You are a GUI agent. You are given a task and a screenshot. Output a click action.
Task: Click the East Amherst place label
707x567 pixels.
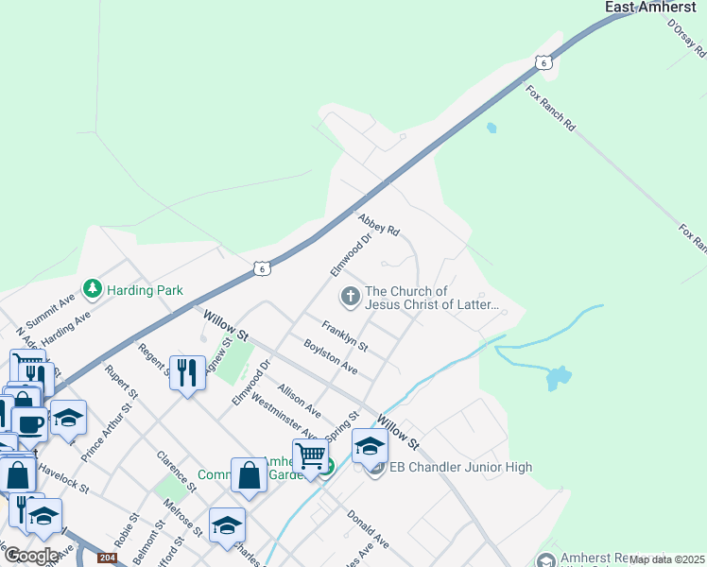pos(649,8)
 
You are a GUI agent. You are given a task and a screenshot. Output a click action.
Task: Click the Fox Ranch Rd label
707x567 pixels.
pos(550,108)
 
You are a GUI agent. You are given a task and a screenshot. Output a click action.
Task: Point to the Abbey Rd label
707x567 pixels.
pos(379,224)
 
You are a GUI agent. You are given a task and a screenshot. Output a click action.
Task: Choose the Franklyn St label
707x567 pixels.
pos(344,337)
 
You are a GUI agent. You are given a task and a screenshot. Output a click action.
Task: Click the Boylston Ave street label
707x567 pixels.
pos(330,355)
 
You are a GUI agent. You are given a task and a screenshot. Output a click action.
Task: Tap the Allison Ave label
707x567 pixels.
pos(299,401)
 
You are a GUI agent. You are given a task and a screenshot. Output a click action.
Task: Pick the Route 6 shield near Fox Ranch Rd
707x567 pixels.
pos(543,62)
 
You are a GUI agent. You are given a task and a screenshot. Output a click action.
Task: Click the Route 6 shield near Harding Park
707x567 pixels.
pos(262,268)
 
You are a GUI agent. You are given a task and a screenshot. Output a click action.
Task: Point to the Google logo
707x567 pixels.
pos(31,556)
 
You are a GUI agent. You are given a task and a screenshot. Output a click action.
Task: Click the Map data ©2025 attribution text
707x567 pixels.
pos(667,559)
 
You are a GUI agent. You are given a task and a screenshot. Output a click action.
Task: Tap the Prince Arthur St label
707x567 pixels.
pos(104,430)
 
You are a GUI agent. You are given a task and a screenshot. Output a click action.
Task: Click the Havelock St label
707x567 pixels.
pos(64,482)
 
